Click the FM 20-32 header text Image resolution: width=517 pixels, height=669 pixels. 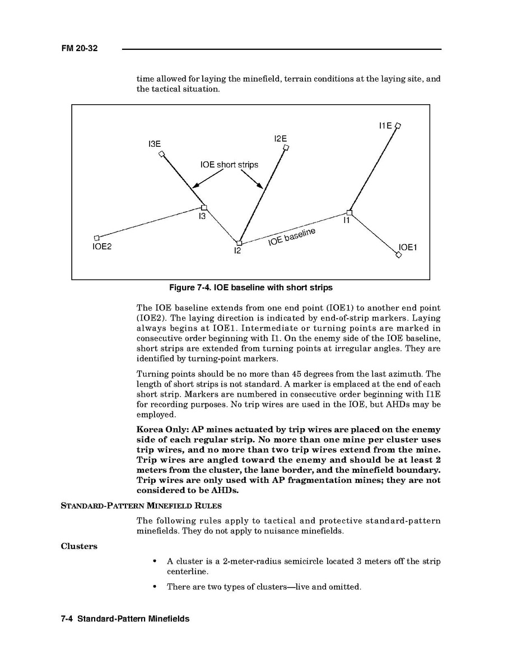coord(79,49)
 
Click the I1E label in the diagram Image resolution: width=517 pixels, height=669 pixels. coord(385,126)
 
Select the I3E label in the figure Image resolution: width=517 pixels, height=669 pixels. coord(154,145)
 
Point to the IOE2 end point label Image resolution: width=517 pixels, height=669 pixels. coord(102,246)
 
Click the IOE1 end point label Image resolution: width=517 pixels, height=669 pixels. coord(408,248)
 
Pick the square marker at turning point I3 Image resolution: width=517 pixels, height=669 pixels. coord(204,207)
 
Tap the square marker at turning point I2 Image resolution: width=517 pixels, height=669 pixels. coord(239,243)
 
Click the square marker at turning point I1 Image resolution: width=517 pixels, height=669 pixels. coord(349,212)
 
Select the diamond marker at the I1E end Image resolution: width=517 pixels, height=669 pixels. coord(398,126)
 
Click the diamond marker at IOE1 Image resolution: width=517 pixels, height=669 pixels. coord(398,255)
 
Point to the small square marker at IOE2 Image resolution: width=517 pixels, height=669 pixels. coord(96,238)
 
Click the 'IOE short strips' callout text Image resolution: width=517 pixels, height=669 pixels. coord(229,165)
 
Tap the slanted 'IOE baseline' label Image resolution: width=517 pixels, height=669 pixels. coord(291,236)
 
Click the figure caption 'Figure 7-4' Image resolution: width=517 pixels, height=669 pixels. coord(251,287)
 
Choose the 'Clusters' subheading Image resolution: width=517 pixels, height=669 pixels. coord(79,546)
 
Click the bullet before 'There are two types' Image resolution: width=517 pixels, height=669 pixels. coord(155,587)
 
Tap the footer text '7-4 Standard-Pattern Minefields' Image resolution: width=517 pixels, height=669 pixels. coord(125,619)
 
